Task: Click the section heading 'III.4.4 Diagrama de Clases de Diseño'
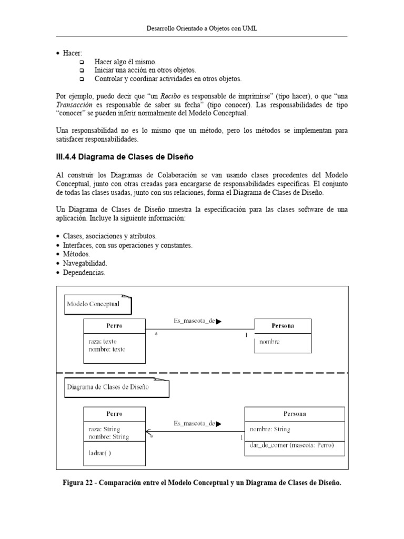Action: click(x=124, y=156)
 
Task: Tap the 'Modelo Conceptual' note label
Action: click(x=94, y=304)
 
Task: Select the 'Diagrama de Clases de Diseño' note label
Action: click(x=108, y=387)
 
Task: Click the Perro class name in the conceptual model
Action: click(x=114, y=326)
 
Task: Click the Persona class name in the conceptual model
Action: click(x=282, y=326)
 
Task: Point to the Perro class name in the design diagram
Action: click(x=114, y=414)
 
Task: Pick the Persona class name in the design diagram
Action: click(x=295, y=414)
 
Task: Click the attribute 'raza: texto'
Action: click(x=103, y=341)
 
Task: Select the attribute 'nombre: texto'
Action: click(x=107, y=349)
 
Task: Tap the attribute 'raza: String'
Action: click(x=105, y=429)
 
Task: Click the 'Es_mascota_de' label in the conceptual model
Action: click(x=194, y=320)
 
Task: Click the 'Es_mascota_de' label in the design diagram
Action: click(x=194, y=423)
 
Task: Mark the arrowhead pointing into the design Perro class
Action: click(x=148, y=432)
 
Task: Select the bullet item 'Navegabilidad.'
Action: click(x=85, y=263)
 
